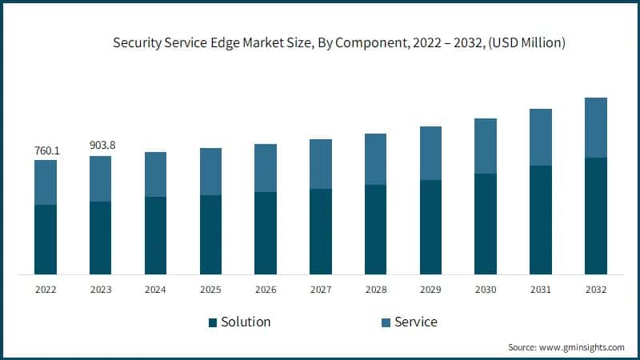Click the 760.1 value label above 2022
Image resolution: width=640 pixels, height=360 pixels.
(46, 150)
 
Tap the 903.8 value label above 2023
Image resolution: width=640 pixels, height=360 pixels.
(101, 146)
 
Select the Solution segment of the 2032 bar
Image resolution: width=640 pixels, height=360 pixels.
(596, 216)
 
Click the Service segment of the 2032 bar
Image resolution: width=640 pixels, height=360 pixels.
(596, 127)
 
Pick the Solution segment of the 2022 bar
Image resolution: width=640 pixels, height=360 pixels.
(46, 240)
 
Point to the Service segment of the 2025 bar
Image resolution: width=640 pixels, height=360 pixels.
(211, 171)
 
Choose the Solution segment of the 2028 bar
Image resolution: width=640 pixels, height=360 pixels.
(376, 230)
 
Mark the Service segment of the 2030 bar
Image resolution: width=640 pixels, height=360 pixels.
(486, 146)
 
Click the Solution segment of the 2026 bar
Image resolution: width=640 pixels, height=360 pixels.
(266, 234)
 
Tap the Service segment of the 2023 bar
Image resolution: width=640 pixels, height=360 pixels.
(101, 178)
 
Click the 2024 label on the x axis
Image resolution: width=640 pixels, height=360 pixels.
(156, 289)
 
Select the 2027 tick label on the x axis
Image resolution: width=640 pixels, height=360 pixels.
(321, 289)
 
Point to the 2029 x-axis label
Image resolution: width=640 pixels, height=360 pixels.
(430, 289)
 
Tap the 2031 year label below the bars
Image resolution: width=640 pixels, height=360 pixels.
(541, 289)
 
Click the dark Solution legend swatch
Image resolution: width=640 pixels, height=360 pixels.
(213, 322)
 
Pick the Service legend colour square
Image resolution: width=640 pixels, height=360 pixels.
(386, 322)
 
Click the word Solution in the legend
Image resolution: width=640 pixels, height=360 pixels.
(246, 322)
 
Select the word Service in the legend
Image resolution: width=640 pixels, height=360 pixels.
(416, 322)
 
